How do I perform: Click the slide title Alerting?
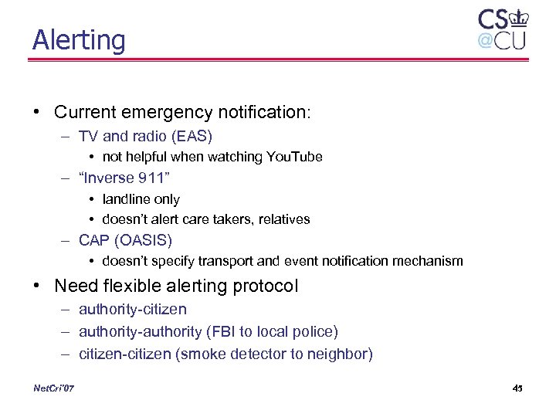[78, 39]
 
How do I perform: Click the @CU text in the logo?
[501, 39]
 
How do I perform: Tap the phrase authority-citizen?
[133, 310]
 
